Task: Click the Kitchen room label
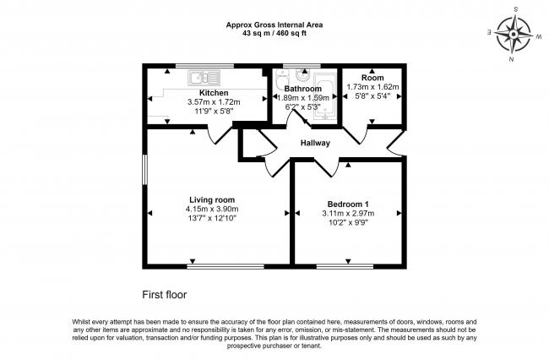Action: click(x=214, y=93)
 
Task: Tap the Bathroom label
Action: click(x=303, y=89)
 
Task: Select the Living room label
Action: click(x=212, y=200)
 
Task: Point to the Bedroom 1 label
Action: click(x=348, y=205)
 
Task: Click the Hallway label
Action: click(x=315, y=143)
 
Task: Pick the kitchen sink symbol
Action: click(x=204, y=78)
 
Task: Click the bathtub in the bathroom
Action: click(x=324, y=97)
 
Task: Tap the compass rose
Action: click(x=514, y=35)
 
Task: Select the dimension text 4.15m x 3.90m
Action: click(x=212, y=209)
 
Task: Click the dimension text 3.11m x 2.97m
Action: click(x=348, y=213)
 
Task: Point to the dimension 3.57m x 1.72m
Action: click(x=214, y=102)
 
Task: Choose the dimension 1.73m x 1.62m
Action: click(x=372, y=86)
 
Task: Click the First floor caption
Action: click(x=164, y=295)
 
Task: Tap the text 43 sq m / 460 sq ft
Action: click(x=274, y=34)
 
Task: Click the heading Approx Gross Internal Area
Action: click(x=274, y=25)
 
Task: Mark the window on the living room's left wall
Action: click(x=144, y=170)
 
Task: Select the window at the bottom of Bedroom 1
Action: click(x=345, y=267)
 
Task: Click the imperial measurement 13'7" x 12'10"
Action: click(x=212, y=218)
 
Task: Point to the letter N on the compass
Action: click(x=512, y=59)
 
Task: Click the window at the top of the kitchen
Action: click(x=204, y=65)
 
